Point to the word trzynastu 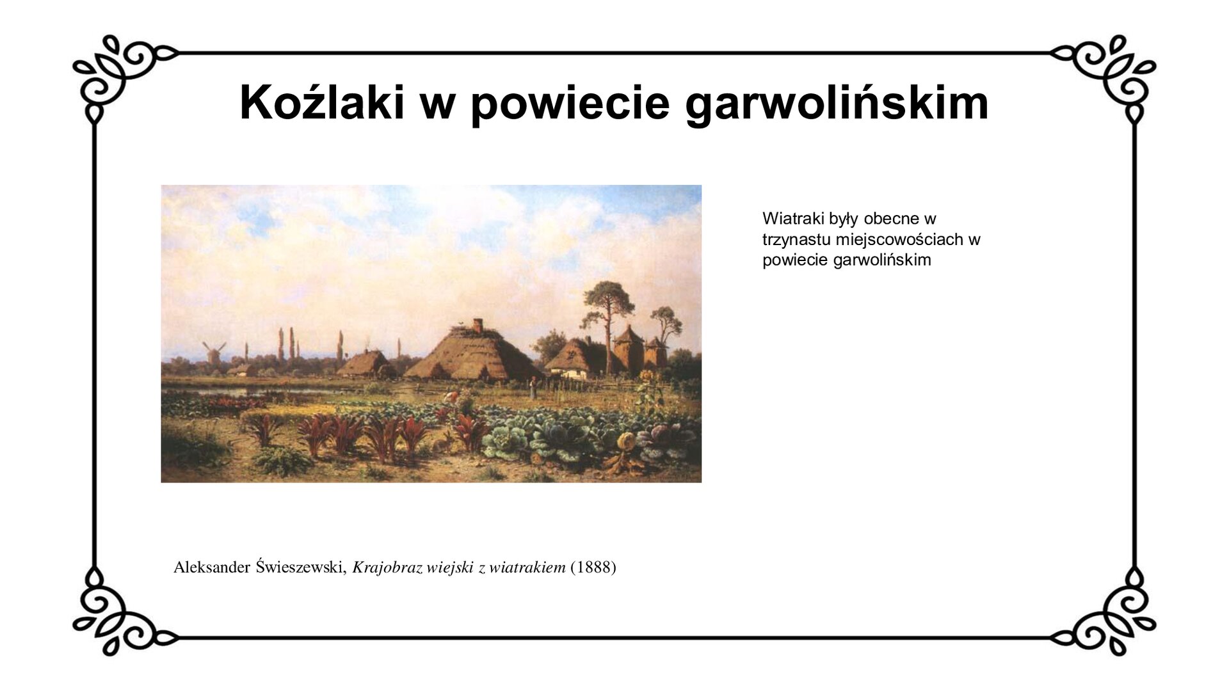pyautogui.click(x=796, y=240)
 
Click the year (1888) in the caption pyautogui.click(x=593, y=567)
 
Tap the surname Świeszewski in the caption pyautogui.click(x=301, y=567)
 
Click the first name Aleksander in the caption pyautogui.click(x=212, y=567)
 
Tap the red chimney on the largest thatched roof pyautogui.click(x=478, y=326)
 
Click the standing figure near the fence pyautogui.click(x=531, y=387)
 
